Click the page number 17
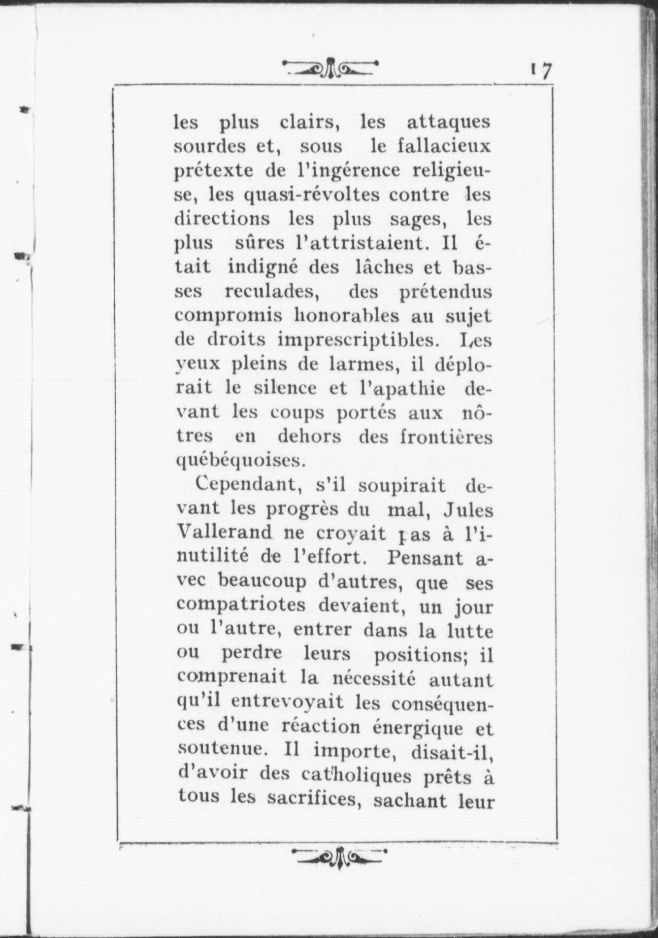pyautogui.click(x=541, y=71)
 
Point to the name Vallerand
pyautogui.click(x=224, y=534)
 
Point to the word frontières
pyautogui.click(x=446, y=436)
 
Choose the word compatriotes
pyautogui.click(x=241, y=606)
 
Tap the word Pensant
pyautogui.click(x=426, y=558)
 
